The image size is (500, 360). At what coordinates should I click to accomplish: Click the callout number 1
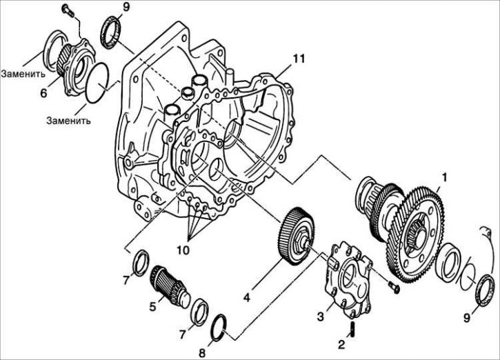coord(444,178)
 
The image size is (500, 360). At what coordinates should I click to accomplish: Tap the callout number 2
coord(341,345)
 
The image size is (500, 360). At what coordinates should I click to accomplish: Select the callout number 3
coord(321,317)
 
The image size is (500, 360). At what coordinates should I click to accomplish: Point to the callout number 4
coord(246,297)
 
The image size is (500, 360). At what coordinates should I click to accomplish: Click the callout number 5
coord(152,306)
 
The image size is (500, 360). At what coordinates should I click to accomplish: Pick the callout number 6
coord(43,93)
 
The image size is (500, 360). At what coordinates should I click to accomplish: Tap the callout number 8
coord(202,353)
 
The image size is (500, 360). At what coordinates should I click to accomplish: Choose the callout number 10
coord(184,250)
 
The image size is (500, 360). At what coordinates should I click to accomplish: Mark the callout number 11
coord(299,59)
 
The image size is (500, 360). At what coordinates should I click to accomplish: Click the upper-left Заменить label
coord(23,74)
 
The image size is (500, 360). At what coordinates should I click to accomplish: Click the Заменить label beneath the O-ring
coord(68,121)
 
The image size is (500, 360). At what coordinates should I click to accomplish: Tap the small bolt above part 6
coord(68,10)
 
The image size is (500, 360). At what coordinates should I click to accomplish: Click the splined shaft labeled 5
coord(169,286)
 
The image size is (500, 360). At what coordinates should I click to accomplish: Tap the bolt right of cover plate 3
coord(394,288)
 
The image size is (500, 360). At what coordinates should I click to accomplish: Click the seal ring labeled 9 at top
coord(111,34)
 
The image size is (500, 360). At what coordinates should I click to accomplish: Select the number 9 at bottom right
coord(466,318)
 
